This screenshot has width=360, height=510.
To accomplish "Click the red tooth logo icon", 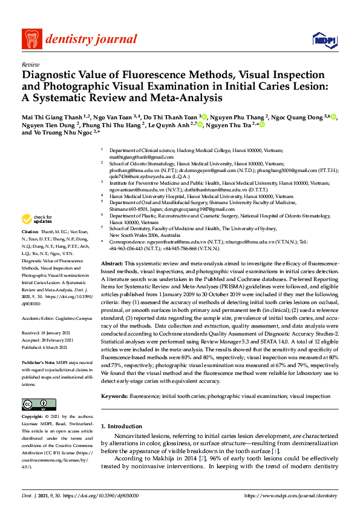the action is (30, 39).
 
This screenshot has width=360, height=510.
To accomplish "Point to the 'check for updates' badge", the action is (38, 219).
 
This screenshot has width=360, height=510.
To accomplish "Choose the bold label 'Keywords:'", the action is (114, 396).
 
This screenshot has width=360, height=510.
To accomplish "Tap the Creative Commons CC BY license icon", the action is (34, 403).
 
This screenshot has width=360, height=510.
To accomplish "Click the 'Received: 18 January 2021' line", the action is (48, 333).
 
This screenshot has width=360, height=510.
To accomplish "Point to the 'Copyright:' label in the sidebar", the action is (33, 417).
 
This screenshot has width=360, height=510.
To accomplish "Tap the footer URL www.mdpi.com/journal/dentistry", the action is (290, 495).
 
